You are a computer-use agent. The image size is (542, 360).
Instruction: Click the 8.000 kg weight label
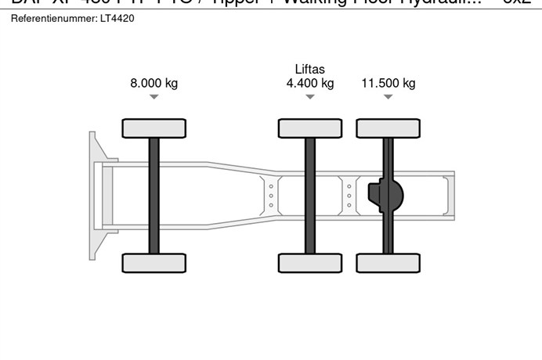[x=154, y=83]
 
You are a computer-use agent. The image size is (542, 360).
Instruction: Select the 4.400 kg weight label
[x=310, y=83]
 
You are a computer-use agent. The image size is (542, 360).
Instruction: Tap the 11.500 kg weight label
[x=388, y=83]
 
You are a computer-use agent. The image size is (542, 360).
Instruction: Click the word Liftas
[x=310, y=69]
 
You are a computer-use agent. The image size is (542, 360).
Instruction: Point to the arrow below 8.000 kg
[x=154, y=97]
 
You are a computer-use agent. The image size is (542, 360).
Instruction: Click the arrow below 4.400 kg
[x=310, y=97]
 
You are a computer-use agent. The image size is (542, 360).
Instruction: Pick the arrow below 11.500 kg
[x=388, y=97]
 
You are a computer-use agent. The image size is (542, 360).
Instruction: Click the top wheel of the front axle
[x=154, y=128]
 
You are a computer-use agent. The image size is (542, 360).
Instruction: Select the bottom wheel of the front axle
[x=154, y=263]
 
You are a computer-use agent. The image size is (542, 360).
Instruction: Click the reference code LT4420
[x=117, y=18]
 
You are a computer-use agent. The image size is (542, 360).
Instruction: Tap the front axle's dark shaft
[x=154, y=196]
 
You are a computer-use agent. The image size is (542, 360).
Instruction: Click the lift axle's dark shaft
[x=310, y=196]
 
